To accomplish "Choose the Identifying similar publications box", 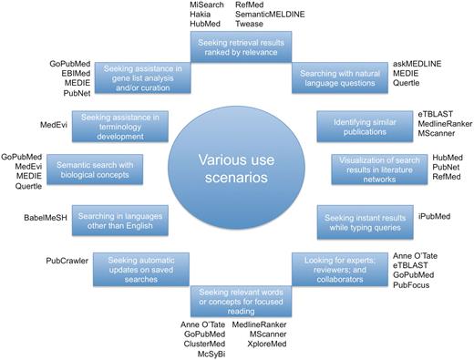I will (362, 123).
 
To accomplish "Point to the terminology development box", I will (110, 123).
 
